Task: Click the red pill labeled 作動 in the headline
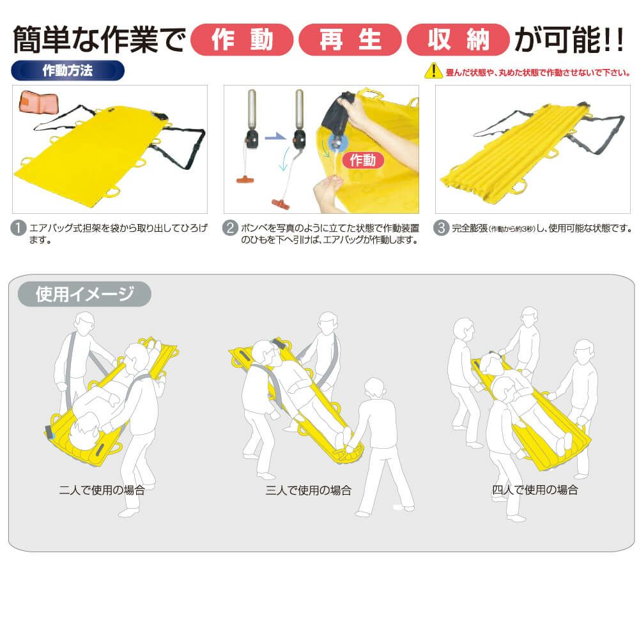tap(242, 40)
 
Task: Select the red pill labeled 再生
tap(350, 40)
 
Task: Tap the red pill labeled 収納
tap(458, 40)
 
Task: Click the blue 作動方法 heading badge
tap(68, 70)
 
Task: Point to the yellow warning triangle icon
tap(433, 71)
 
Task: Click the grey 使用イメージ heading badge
tap(84, 294)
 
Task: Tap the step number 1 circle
tap(19, 229)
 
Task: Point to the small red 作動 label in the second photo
tap(363, 160)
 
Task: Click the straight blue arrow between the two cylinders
tap(275, 137)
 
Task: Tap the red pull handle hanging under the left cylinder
tap(245, 179)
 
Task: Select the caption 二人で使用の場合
tap(102, 490)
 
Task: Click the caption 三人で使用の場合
tap(309, 490)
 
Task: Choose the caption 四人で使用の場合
tap(535, 490)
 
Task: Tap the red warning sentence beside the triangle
tap(538, 73)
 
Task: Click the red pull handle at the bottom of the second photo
tap(281, 204)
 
